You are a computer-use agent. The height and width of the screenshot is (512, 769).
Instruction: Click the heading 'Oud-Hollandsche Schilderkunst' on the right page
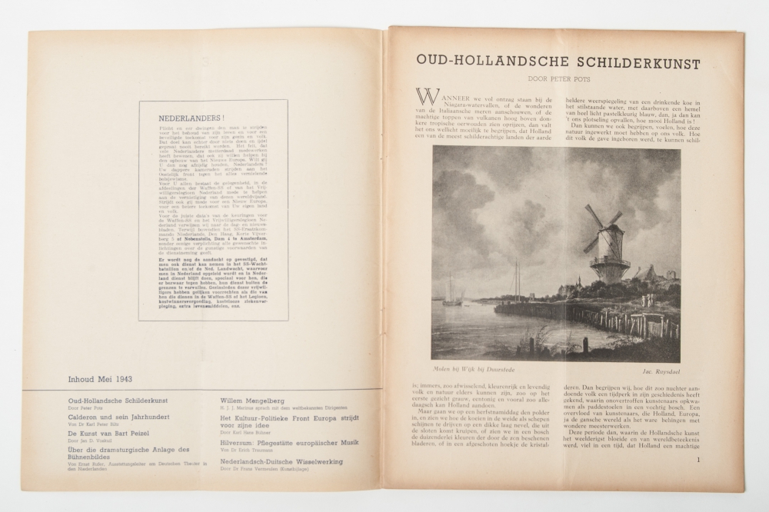pyautogui.click(x=558, y=62)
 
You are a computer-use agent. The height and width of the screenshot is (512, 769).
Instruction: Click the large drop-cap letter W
pyautogui.click(x=428, y=96)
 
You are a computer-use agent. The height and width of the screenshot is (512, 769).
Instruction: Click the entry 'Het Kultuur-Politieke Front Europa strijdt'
pyautogui.click(x=291, y=418)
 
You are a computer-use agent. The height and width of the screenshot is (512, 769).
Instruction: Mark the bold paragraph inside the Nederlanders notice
pyautogui.click(x=214, y=285)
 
